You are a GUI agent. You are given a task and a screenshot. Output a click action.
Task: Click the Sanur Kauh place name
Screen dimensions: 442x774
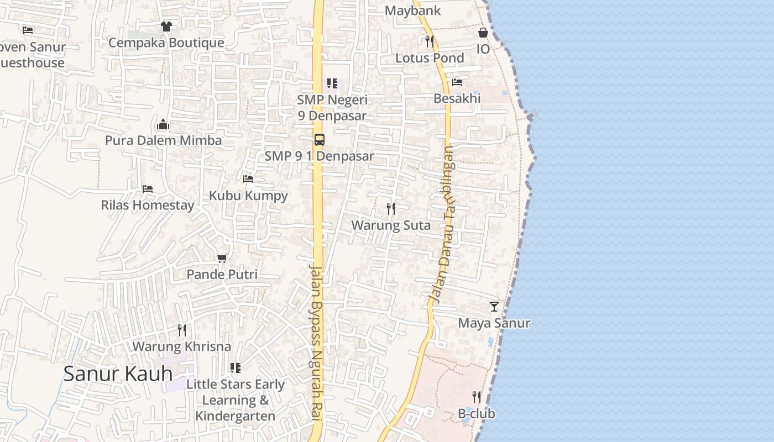[118, 374]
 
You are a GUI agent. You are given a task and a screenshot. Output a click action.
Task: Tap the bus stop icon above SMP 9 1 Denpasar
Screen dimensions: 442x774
[320, 140]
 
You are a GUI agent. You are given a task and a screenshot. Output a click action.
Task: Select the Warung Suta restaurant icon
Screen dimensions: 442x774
[391, 209]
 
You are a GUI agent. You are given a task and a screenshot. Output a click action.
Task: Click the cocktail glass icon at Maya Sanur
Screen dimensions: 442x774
[494, 307]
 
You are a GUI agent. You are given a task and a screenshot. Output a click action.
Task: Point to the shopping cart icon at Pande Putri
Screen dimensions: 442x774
[222, 258]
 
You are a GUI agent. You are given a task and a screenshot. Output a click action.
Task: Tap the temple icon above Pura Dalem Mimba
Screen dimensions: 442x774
[163, 124]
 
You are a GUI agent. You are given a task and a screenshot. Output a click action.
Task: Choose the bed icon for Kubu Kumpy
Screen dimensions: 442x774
[248, 179]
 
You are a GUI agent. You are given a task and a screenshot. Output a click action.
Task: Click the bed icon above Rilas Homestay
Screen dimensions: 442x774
[148, 189]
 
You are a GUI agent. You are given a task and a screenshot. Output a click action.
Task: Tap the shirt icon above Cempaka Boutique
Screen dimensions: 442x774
[166, 26]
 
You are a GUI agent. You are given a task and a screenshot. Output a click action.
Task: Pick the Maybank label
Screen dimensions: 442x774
[412, 10]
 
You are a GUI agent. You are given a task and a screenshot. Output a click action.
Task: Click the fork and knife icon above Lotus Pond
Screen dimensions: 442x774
[430, 41]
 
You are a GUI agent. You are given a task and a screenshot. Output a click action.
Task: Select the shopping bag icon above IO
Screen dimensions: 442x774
[483, 33]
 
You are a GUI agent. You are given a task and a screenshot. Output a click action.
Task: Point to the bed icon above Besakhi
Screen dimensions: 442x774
[457, 82]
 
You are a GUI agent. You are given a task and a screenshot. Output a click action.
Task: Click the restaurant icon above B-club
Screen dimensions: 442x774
[477, 397]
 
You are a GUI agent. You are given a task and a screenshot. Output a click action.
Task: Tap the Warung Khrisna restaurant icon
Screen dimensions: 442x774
[182, 330]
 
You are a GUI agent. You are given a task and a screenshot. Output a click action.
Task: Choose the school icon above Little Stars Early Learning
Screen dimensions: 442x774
[236, 368]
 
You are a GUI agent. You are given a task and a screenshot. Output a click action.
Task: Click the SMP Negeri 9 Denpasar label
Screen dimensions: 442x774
[332, 108]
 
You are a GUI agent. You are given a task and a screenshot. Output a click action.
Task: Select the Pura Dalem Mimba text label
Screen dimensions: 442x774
[164, 140]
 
